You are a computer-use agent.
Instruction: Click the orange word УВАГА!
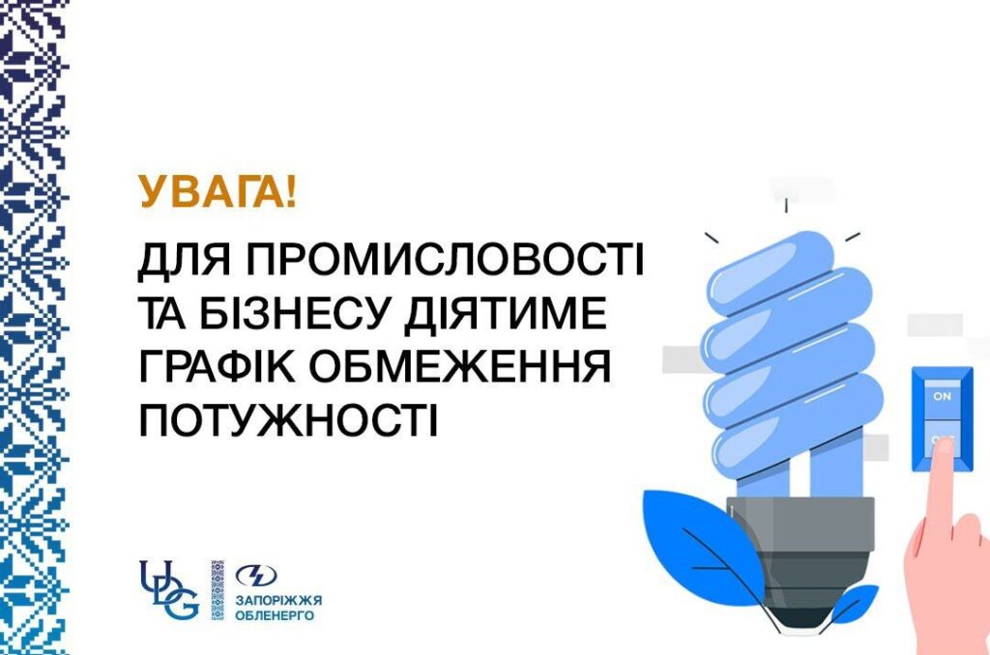pyautogui.click(x=218, y=191)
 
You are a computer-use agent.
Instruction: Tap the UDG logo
pyautogui.click(x=169, y=589)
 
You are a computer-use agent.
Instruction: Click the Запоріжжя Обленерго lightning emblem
pyautogui.click(x=256, y=576)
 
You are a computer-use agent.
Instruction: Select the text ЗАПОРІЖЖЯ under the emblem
pyautogui.click(x=278, y=600)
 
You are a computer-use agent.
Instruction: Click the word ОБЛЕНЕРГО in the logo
pyautogui.click(x=275, y=614)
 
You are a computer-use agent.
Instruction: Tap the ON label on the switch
pyautogui.click(x=942, y=396)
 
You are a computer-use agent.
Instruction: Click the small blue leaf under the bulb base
pyautogui.click(x=853, y=604)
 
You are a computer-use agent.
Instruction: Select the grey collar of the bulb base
pyautogui.click(x=801, y=515)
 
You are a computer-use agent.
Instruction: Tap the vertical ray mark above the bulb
pyautogui.click(x=786, y=206)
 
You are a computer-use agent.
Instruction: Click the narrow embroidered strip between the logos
pyautogui.click(x=218, y=589)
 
